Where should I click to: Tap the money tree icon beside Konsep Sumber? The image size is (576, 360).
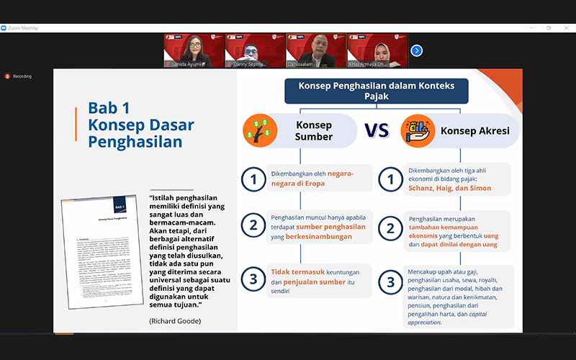[x=260, y=131]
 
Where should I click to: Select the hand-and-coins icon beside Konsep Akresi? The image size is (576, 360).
[x=416, y=131]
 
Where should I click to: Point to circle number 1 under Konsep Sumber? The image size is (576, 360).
[x=253, y=179]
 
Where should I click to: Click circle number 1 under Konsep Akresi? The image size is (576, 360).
[x=390, y=179]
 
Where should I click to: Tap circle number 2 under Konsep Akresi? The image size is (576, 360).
[x=390, y=229]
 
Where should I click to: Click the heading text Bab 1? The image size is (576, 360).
[x=109, y=108]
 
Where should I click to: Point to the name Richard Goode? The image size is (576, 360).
[x=175, y=320]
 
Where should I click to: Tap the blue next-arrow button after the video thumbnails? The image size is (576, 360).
[x=416, y=50]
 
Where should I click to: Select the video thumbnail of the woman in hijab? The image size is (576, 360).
[x=377, y=50]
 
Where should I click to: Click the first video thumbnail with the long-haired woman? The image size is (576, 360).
[x=194, y=50]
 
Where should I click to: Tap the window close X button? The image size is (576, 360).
[x=567, y=28]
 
